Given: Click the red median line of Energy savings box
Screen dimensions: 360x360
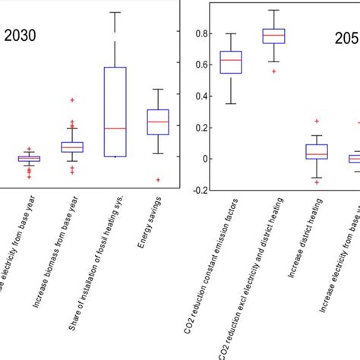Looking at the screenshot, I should tap(158, 122).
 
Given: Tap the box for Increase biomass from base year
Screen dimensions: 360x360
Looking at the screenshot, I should tap(72, 147).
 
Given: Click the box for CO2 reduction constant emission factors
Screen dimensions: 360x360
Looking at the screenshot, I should tap(231, 62).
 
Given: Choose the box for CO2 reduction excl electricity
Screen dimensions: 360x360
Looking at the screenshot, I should tap(273, 36).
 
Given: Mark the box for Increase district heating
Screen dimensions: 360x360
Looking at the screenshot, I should tap(317, 151).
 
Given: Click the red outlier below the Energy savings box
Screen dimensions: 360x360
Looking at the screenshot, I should tap(158, 180).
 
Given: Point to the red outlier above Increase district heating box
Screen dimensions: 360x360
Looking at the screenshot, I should tap(317, 122).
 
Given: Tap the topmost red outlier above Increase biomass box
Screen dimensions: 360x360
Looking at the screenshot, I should tap(72, 100).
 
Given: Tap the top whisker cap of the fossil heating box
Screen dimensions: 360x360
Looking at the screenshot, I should tap(115, 13).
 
